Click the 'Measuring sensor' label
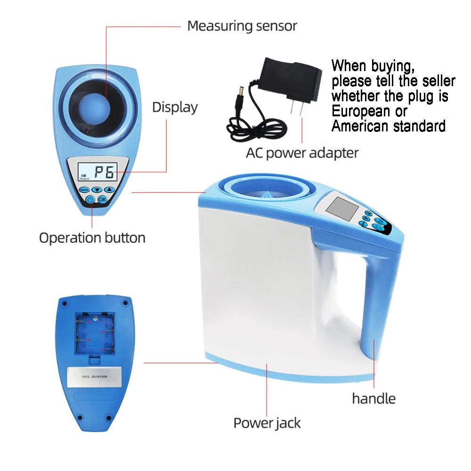(242, 25)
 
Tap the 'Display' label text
(175, 107)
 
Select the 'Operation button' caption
(92, 237)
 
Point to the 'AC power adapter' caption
(302, 153)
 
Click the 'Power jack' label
(267, 423)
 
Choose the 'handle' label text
(374, 398)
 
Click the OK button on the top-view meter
(103, 200)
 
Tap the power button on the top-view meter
(90, 200)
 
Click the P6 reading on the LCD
(104, 172)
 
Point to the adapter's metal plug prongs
(295, 109)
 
